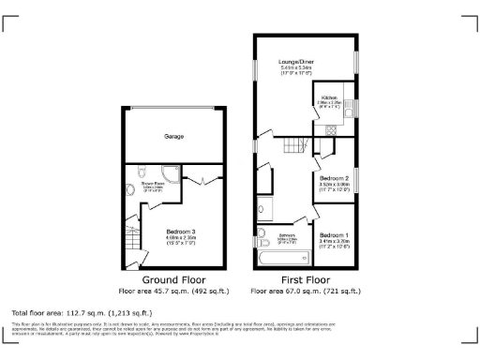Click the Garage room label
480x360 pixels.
click(173, 137)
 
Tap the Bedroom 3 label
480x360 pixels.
click(180, 231)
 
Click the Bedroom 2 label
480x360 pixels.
click(334, 178)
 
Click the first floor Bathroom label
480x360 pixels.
click(286, 235)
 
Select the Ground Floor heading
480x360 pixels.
click(174, 280)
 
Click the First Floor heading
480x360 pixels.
click(304, 280)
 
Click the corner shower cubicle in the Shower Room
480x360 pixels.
click(171, 172)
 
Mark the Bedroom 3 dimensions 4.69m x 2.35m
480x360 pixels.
click(180, 238)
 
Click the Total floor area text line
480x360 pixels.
click(82, 312)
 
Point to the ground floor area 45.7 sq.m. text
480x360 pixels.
click(174, 292)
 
